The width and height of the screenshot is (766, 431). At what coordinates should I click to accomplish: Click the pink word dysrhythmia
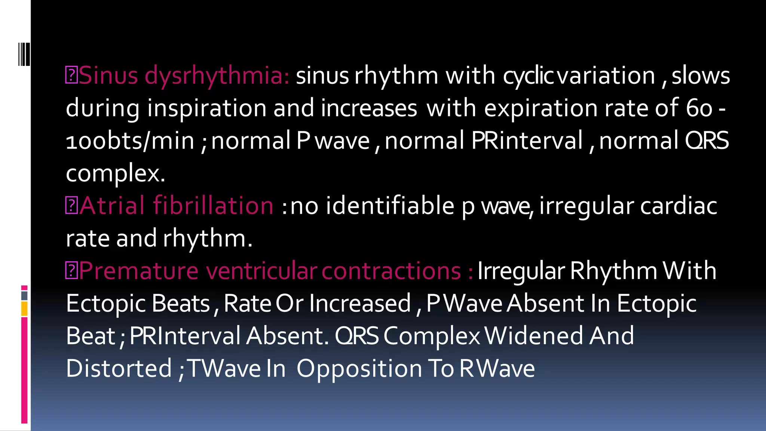(217, 76)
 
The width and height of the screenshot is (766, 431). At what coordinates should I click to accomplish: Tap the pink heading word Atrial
(112, 205)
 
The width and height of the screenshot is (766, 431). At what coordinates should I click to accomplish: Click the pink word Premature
(138, 270)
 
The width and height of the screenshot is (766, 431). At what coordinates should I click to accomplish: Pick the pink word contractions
(391, 270)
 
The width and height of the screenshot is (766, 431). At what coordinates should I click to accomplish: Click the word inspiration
(207, 108)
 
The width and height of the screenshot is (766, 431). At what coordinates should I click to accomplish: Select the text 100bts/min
(130, 141)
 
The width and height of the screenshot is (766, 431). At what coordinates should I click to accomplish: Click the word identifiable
(390, 205)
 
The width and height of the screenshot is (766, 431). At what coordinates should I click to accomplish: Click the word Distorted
(119, 368)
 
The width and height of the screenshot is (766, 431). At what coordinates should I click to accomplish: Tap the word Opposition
(359, 369)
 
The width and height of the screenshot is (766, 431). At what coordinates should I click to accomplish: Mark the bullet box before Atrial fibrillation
(71, 206)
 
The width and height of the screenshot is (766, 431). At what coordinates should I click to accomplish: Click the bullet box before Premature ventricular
(71, 271)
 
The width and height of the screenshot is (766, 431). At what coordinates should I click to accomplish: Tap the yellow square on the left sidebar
(24, 309)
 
